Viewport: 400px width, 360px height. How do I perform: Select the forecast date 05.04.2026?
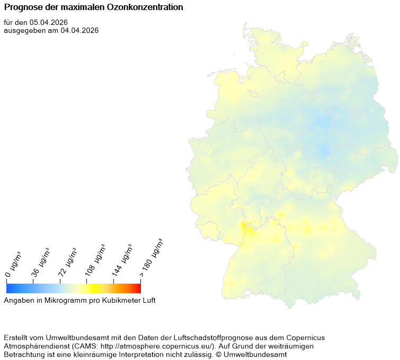[49, 22]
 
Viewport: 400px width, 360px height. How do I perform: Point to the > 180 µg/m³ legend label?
[151, 258]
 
